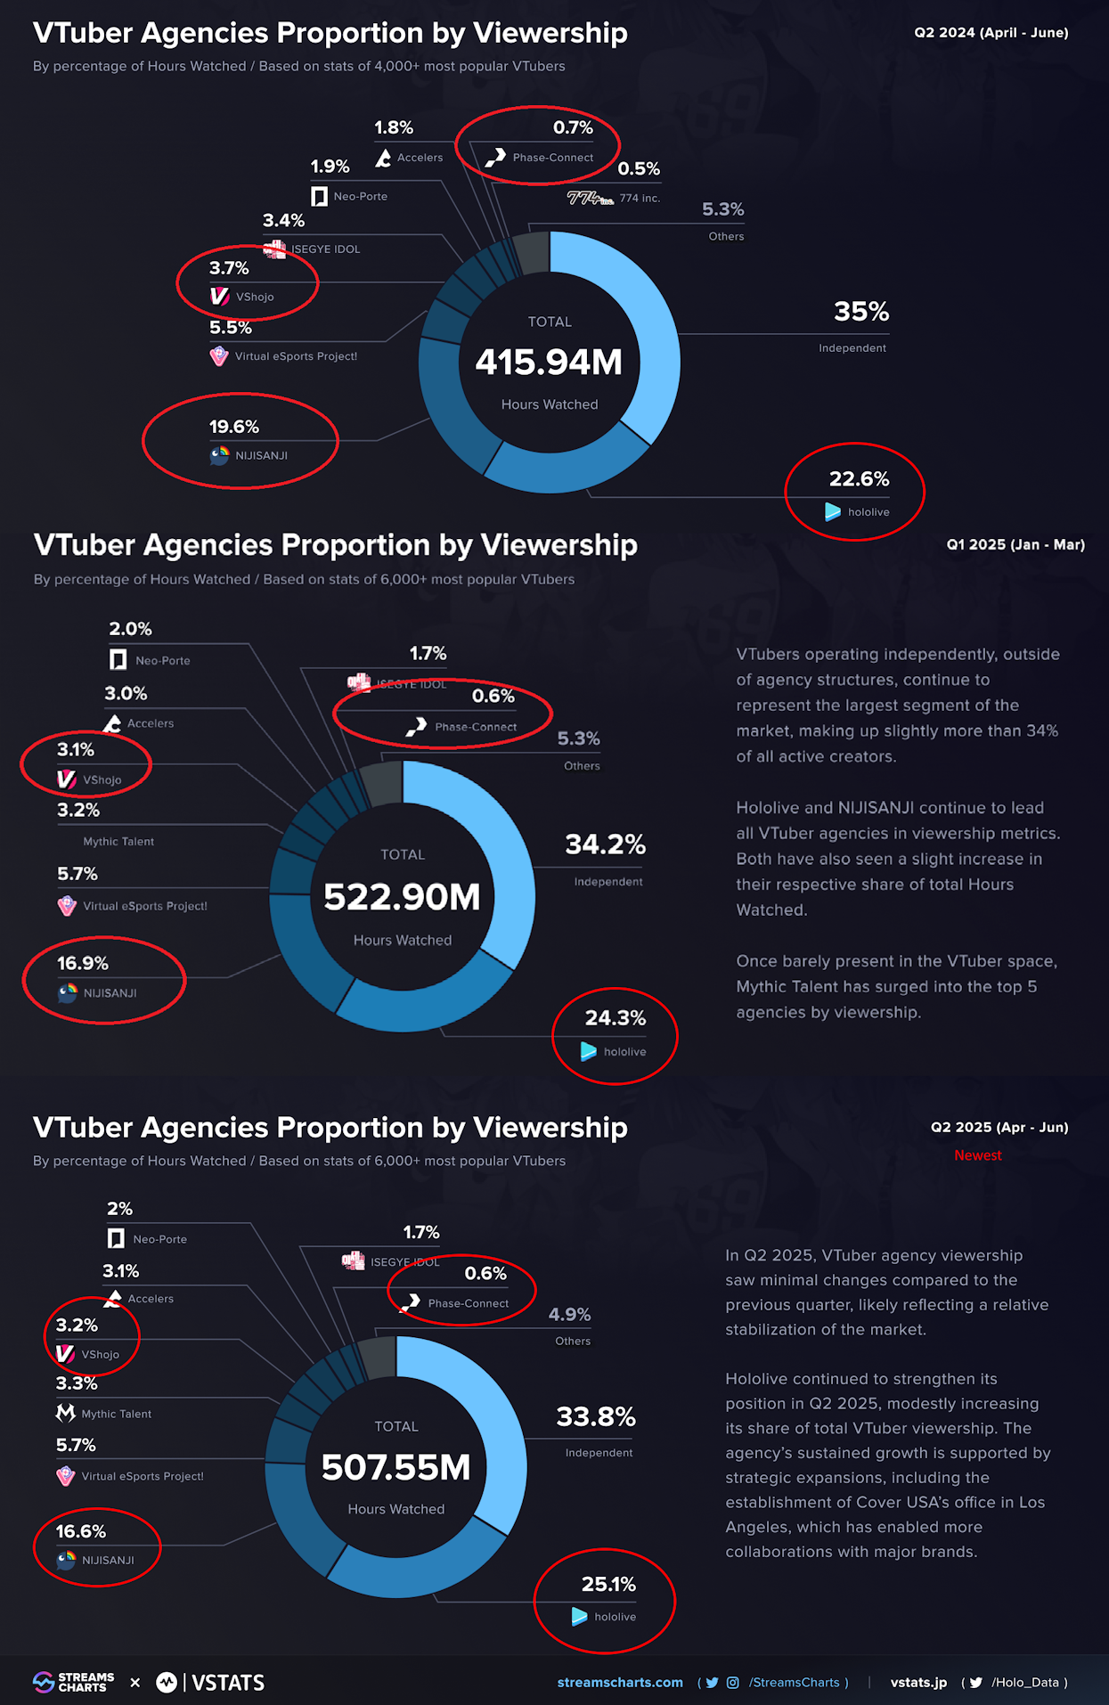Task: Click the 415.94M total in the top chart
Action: coord(549,362)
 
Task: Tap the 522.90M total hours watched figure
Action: coord(402,897)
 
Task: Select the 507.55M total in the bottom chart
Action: coord(395,1467)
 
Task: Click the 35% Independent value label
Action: coord(860,312)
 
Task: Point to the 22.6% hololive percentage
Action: coord(859,479)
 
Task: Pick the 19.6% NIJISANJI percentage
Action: coord(234,427)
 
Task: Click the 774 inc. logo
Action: coord(590,198)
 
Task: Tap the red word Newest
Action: coord(977,1155)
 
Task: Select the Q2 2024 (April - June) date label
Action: coord(991,33)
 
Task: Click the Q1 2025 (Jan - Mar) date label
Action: coord(1015,544)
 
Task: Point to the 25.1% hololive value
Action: coord(608,1584)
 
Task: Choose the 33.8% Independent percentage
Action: coord(596,1416)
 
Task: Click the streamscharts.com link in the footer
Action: coord(620,1682)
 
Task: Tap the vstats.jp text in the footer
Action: coord(918,1682)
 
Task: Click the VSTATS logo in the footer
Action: coord(211,1682)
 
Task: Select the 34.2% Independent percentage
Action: coord(605,844)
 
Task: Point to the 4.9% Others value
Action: coord(569,1315)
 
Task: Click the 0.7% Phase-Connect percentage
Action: coord(573,127)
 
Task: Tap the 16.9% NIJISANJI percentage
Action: coord(83,963)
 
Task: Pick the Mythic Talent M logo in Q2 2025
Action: coord(65,1413)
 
